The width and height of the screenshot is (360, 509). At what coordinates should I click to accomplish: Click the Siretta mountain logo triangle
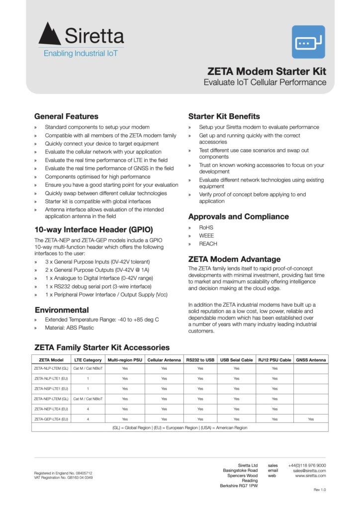pyautogui.click(x=50, y=35)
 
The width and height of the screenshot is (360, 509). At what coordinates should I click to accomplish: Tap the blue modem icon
pyautogui.click(x=308, y=42)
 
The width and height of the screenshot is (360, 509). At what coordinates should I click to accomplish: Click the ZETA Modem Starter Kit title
pyautogui.click(x=267, y=71)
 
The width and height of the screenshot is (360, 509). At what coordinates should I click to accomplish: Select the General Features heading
pyautogui.click(x=66, y=116)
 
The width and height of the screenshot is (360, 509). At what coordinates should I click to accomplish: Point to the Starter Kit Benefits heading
pyautogui.click(x=224, y=116)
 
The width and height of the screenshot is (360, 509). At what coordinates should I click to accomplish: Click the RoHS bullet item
pyautogui.click(x=206, y=227)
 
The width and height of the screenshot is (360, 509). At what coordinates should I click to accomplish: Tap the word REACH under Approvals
pyautogui.click(x=208, y=244)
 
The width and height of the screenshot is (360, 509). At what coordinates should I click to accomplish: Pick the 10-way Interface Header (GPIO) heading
pyautogui.click(x=93, y=230)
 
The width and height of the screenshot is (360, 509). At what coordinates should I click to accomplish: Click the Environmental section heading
pyautogui.click(x=62, y=310)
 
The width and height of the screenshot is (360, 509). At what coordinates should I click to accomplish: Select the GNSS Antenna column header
pyautogui.click(x=311, y=360)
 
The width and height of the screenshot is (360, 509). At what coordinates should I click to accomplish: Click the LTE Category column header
pyautogui.click(x=88, y=360)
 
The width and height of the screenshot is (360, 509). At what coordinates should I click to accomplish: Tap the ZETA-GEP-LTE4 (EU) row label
pyautogui.click(x=51, y=419)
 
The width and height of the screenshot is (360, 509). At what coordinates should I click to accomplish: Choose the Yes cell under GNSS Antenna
pyautogui.click(x=311, y=419)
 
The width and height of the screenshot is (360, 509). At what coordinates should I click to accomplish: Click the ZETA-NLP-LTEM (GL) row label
pyautogui.click(x=51, y=368)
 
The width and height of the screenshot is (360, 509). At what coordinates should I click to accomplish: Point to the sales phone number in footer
pyautogui.click(x=307, y=465)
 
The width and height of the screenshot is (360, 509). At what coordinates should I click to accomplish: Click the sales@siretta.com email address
pyautogui.click(x=309, y=470)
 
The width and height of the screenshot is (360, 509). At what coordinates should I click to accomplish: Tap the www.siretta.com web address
pyautogui.click(x=310, y=476)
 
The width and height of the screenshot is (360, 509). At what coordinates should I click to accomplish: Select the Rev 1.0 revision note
pyautogui.click(x=320, y=490)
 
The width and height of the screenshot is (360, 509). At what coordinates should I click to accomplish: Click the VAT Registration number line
pyautogui.click(x=63, y=478)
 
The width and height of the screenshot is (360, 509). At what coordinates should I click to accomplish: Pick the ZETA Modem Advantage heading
pyautogui.click(x=234, y=259)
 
